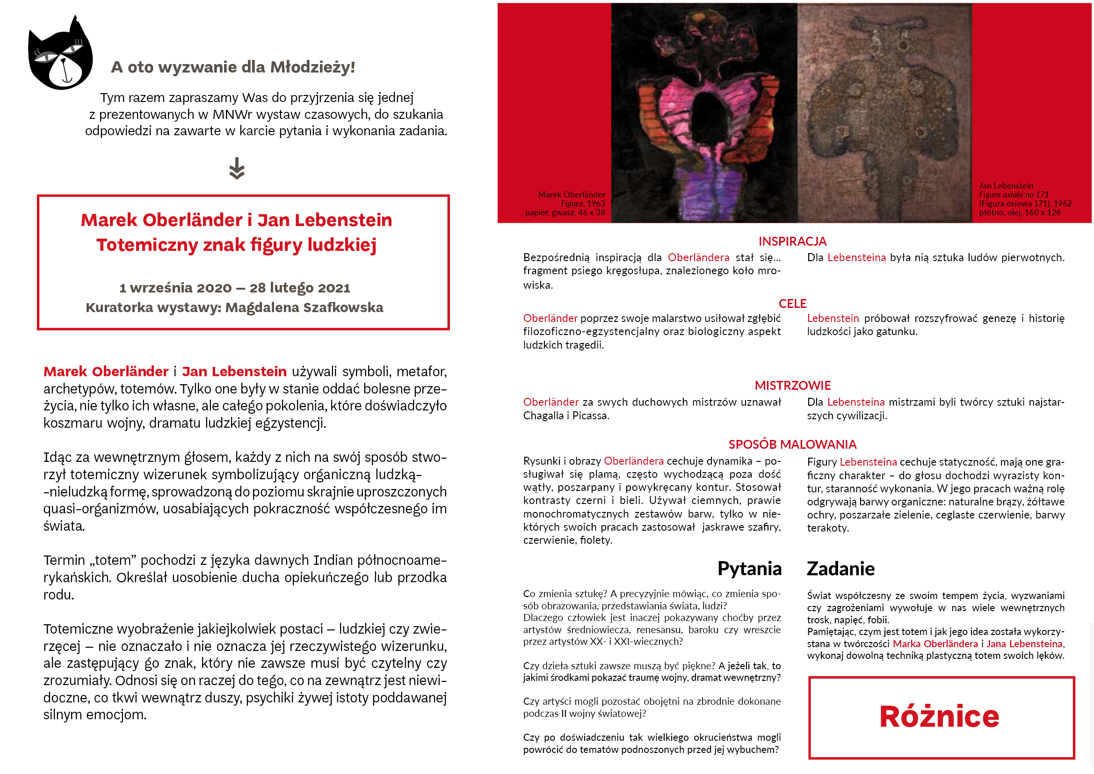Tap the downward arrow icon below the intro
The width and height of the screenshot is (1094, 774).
237,168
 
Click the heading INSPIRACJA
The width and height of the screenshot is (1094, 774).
792,241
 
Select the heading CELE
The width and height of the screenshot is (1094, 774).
792,304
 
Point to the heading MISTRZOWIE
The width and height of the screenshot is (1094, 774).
792,385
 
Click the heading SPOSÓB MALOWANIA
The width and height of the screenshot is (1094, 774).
792,444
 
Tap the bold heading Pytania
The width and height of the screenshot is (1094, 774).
749,569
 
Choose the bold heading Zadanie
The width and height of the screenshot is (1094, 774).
840,569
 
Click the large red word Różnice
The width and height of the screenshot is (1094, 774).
939,716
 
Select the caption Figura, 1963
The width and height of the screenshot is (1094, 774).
583,204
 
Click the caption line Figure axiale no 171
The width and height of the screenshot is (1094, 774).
1014,195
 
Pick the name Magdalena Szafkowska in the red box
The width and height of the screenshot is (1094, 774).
304,307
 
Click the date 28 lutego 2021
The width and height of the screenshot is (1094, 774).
300,288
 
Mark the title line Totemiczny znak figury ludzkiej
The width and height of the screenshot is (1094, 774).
236,245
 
